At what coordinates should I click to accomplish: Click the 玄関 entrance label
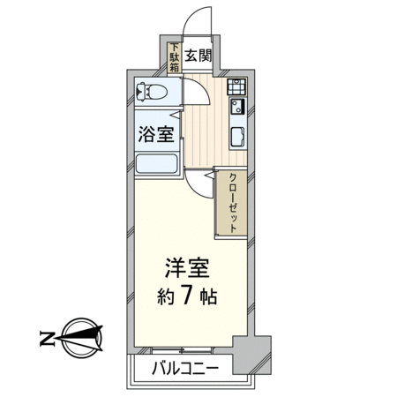point(198,56)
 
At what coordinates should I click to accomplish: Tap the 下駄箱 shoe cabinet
point(175,58)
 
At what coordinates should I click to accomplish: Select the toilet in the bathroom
point(151,92)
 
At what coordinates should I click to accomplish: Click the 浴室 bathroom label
point(156,134)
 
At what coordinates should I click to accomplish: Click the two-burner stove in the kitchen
point(236,86)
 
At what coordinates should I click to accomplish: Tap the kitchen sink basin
point(237,137)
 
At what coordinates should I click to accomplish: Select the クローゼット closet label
point(233,203)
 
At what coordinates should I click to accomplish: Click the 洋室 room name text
point(187,268)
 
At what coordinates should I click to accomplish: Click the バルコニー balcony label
point(185,368)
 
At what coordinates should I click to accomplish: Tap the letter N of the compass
point(47,338)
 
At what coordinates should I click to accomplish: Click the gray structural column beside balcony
point(251,355)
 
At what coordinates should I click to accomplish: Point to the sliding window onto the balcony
point(183,350)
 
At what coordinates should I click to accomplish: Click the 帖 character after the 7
point(208,296)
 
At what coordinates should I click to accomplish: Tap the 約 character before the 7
point(166,296)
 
